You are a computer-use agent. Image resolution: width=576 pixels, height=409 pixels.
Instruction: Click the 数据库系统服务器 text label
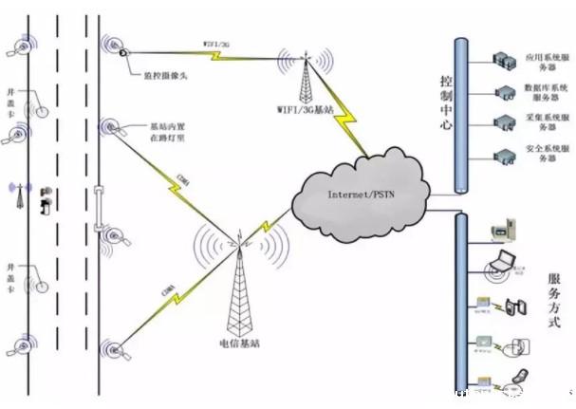[x=548, y=92]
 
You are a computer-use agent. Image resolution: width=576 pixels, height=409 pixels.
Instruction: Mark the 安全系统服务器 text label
[x=548, y=156]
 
